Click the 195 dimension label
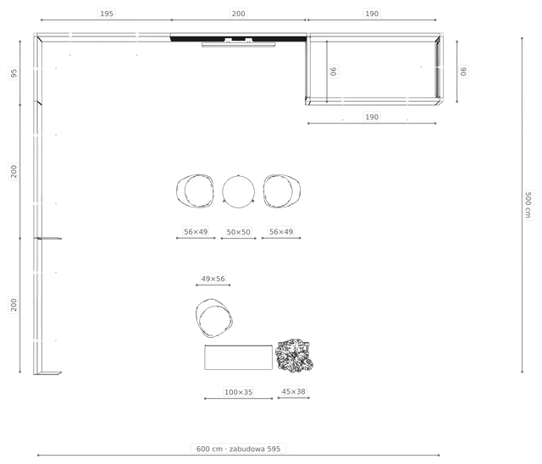point(107,14)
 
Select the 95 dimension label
point(14,74)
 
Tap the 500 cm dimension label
point(528,205)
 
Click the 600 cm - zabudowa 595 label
point(238,449)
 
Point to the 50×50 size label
point(238,232)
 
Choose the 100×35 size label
point(238,392)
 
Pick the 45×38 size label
point(293,391)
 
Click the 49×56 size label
point(213,279)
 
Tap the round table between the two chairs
point(239,191)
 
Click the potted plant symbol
point(294,356)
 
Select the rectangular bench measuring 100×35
point(238,357)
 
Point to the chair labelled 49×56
point(214,318)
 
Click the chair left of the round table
point(195,191)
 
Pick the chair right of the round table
point(282,191)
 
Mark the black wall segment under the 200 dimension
point(239,39)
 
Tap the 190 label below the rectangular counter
point(372,117)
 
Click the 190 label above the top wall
point(372,14)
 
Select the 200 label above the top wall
point(238,14)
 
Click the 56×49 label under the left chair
point(196,231)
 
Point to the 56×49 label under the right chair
point(281,231)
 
